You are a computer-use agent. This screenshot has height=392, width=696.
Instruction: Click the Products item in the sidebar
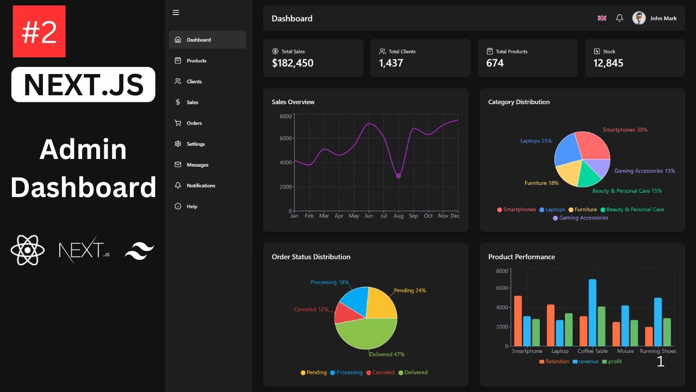pyautogui.click(x=196, y=61)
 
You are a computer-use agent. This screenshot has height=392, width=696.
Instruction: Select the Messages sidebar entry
pyautogui.click(x=197, y=165)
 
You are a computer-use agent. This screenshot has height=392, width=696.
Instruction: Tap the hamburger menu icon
pyautogui.click(x=176, y=13)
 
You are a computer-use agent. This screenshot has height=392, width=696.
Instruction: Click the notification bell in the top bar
pyautogui.click(x=619, y=18)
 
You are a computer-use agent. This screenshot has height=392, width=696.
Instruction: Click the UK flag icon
pyautogui.click(x=602, y=18)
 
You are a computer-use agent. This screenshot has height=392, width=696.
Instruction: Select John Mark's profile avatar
pyautogui.click(x=639, y=18)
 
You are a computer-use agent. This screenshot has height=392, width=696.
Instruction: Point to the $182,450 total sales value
pyautogui.click(x=293, y=63)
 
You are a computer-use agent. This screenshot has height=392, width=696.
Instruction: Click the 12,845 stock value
pyautogui.click(x=608, y=63)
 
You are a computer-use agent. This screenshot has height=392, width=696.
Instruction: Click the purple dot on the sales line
pyautogui.click(x=399, y=176)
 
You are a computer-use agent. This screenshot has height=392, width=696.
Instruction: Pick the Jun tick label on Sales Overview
pyautogui.click(x=369, y=216)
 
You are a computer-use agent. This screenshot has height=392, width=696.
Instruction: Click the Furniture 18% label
pyautogui.click(x=541, y=183)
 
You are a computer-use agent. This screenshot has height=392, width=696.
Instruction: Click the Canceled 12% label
pyautogui.click(x=311, y=310)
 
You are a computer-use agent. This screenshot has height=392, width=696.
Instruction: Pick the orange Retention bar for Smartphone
pyautogui.click(x=518, y=321)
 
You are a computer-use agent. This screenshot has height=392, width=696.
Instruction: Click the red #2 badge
pyautogui.click(x=39, y=32)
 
